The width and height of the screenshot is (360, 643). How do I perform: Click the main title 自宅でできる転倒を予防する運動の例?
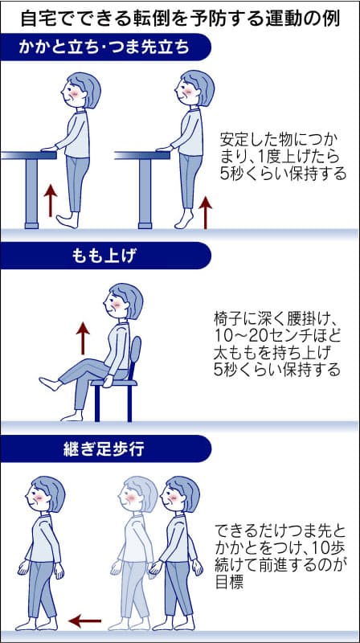click(x=180, y=16)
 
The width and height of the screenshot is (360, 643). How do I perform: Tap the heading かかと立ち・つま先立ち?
click(x=104, y=47)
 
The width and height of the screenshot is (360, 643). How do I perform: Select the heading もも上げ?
click(x=104, y=255)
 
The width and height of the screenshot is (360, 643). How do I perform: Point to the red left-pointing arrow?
click(x=84, y=621)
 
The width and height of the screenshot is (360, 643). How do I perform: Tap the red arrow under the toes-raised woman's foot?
click(x=50, y=199)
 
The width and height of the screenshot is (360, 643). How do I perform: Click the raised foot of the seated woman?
click(x=49, y=383)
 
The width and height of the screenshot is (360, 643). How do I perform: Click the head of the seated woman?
click(x=124, y=301)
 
